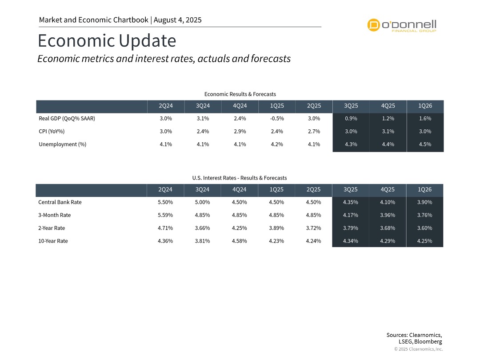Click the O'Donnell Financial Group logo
click(x=402, y=25)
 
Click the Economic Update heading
click(x=107, y=41)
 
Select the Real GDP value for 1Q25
click(x=276, y=119)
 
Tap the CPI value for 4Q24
click(x=240, y=132)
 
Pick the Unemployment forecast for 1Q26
click(x=425, y=144)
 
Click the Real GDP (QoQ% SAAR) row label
click(x=67, y=119)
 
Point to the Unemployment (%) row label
click(x=62, y=144)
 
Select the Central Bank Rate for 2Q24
click(x=165, y=202)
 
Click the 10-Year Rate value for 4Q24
click(x=240, y=241)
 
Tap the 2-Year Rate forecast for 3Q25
click(x=351, y=228)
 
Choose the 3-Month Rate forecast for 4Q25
click(x=388, y=215)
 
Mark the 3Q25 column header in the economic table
click(x=351, y=106)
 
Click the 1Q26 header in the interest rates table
click(x=425, y=189)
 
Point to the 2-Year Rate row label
click(x=52, y=228)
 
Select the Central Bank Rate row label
click(x=60, y=202)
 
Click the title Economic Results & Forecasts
click(x=240, y=94)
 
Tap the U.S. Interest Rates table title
click(x=240, y=178)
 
